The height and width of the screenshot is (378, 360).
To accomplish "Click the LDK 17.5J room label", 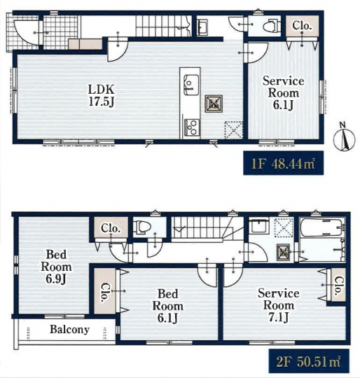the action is (x=102, y=96).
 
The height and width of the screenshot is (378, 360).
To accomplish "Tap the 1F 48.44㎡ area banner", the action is (x=284, y=162).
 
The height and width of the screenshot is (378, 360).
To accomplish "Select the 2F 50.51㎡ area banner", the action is (x=309, y=361).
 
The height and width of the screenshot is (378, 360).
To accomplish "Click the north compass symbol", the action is (x=345, y=138).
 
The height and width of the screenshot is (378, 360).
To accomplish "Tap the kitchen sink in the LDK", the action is (x=191, y=85).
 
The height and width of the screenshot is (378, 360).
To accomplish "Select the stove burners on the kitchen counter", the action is (x=192, y=127).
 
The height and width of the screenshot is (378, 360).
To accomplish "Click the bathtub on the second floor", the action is (x=321, y=227).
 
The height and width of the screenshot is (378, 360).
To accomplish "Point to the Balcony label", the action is (x=69, y=329).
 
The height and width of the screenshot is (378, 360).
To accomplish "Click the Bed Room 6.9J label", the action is (x=56, y=267).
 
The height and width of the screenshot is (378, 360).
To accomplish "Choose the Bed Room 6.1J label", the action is (x=168, y=306).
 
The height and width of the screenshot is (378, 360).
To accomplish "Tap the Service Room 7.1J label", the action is (x=279, y=305).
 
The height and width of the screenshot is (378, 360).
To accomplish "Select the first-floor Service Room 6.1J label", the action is (x=284, y=93).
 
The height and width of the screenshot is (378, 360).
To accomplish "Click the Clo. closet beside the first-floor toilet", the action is (x=303, y=26).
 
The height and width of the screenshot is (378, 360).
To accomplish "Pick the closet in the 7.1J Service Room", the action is (x=338, y=284).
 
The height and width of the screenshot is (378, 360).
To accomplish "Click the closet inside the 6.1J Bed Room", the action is (x=105, y=290).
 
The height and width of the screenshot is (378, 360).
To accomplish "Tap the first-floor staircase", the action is (x=163, y=26).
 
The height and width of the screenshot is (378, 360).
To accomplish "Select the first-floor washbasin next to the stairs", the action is (x=202, y=27).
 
